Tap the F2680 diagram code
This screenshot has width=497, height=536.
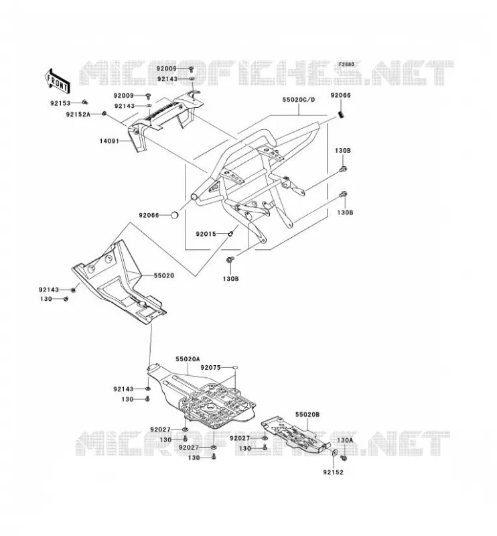(x=346, y=64)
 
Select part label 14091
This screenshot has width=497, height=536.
(x=109, y=141)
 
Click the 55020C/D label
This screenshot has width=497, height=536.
(x=299, y=100)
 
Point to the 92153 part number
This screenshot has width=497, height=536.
(x=60, y=103)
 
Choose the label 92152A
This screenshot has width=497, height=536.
(x=78, y=115)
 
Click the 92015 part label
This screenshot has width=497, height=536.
(x=206, y=234)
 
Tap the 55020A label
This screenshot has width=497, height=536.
(x=188, y=359)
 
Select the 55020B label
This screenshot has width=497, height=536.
(x=307, y=414)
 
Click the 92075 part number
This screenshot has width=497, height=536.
(x=210, y=367)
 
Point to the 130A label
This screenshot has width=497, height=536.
(x=345, y=440)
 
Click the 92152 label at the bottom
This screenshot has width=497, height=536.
(x=334, y=472)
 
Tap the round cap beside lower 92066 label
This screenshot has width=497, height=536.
(x=175, y=215)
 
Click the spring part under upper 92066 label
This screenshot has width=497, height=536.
(x=341, y=115)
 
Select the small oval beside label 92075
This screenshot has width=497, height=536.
(x=235, y=367)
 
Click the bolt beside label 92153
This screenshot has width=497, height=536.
(x=86, y=102)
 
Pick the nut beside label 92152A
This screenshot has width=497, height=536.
(x=104, y=113)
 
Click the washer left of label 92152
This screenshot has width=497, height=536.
(x=335, y=453)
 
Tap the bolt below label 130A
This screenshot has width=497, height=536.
(x=344, y=457)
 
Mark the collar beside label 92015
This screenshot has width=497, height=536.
(x=230, y=233)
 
